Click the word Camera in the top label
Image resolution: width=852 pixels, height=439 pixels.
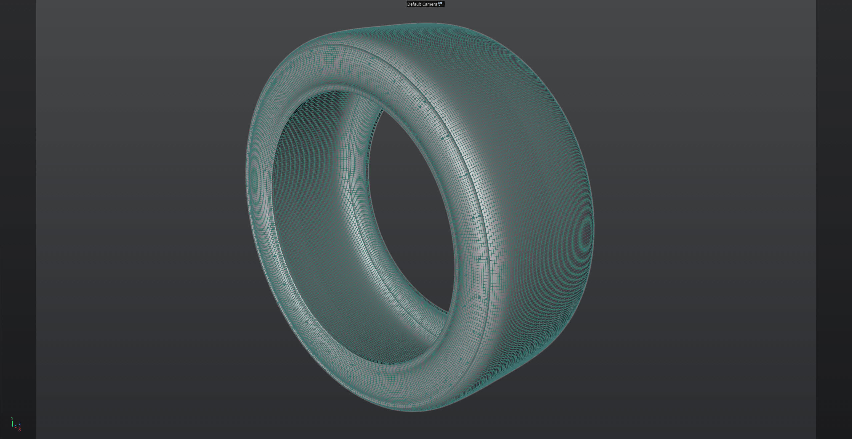click(x=430, y=4)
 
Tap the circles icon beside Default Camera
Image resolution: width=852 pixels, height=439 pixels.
click(x=440, y=4)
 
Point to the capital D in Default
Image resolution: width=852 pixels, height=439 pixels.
click(x=409, y=4)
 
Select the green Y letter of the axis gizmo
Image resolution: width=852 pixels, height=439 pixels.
click(x=12, y=418)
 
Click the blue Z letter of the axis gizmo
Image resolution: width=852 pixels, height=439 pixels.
click(x=20, y=425)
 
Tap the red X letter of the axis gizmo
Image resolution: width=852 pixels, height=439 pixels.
click(x=20, y=429)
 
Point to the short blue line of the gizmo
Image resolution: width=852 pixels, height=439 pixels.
click(x=15, y=426)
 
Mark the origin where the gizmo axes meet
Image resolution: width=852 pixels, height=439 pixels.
click(x=13, y=427)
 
